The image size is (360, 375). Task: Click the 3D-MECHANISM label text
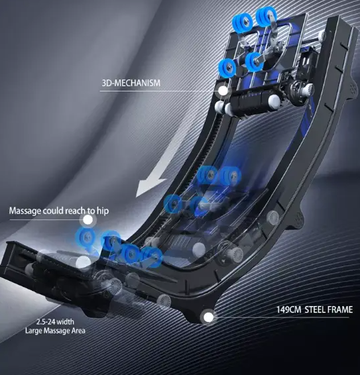click(131, 83)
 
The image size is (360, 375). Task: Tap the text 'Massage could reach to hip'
click(59, 211)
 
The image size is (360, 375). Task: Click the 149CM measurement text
click(289, 309)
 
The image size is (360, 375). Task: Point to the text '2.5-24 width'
click(55, 322)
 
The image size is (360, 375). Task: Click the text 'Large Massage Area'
click(55, 331)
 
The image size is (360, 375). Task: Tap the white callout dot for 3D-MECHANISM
click(223, 90)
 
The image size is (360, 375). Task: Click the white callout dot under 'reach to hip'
click(88, 220)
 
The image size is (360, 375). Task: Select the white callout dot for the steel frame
click(208, 317)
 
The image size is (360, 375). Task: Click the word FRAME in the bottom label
click(341, 309)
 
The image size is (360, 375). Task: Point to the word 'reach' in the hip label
click(76, 211)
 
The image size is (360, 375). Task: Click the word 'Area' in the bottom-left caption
click(79, 331)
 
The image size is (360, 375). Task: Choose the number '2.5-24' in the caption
click(46, 322)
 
